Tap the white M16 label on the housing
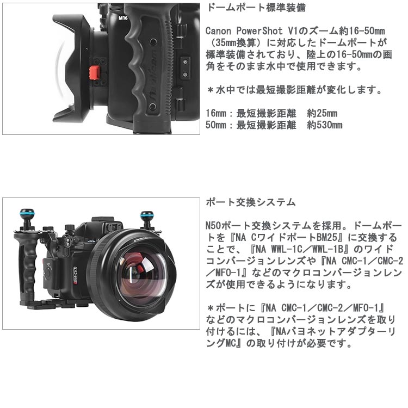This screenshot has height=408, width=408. tap(123, 18)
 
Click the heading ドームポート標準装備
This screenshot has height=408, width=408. tap(256, 8)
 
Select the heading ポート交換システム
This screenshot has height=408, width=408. tap(251, 202)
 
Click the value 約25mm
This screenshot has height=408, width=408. tap(322, 113)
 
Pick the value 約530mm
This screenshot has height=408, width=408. tap(325, 125)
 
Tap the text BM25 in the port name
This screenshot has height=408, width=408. tap(327, 237)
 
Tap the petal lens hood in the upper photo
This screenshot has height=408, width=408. tap(72, 68)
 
